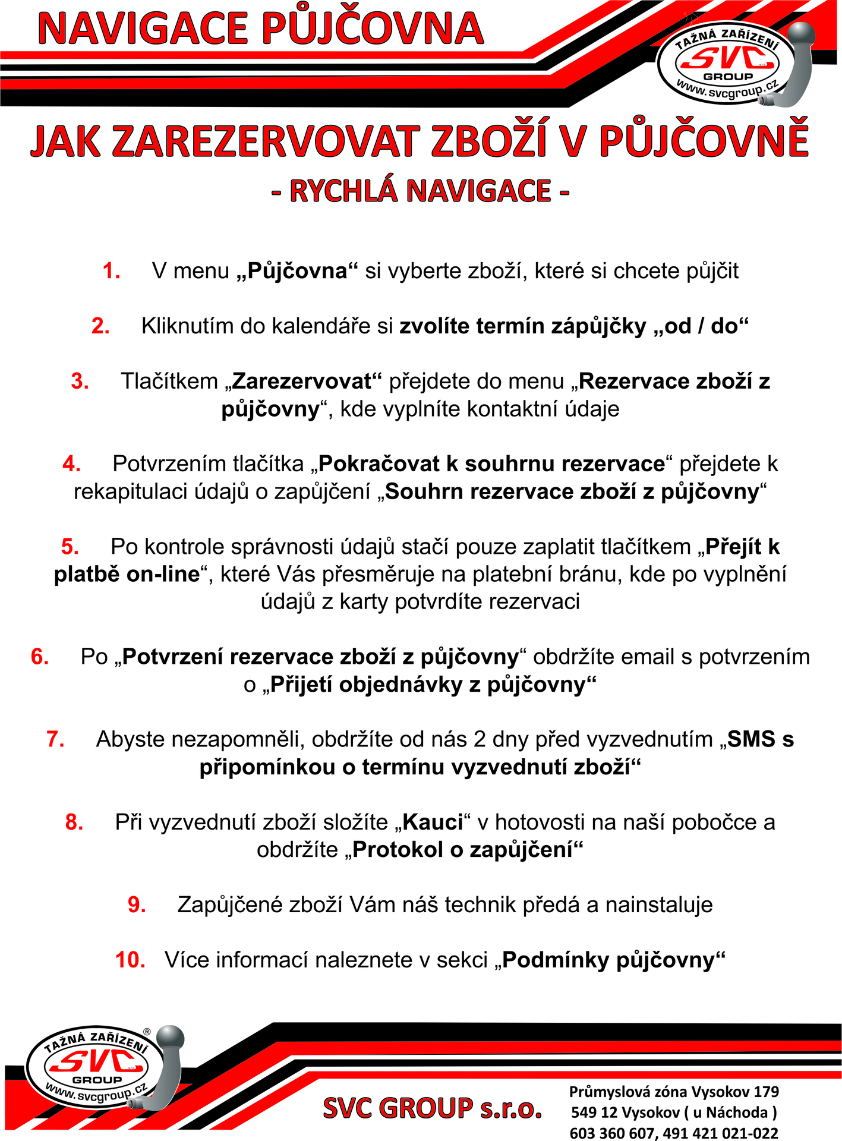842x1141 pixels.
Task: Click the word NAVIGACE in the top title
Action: pyautogui.click(x=143, y=29)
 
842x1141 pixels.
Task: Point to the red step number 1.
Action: pyautogui.click(x=111, y=271)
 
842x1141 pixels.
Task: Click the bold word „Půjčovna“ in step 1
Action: pyautogui.click(x=297, y=271)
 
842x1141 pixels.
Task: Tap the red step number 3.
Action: pyautogui.click(x=80, y=381)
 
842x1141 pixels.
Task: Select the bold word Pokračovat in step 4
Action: pyautogui.click(x=380, y=464)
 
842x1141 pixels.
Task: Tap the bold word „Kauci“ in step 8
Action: pyautogui.click(x=433, y=822)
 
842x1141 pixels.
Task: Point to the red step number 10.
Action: pyautogui.click(x=130, y=960)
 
